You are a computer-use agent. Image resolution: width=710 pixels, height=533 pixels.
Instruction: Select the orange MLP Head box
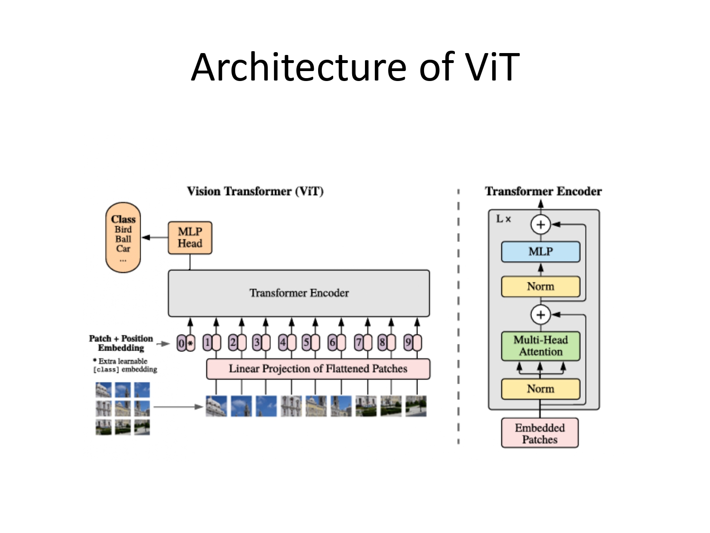tap(190, 238)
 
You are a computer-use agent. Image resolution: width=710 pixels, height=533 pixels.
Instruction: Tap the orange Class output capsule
tap(123, 238)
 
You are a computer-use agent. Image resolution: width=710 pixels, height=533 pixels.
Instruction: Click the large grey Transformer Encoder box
tap(299, 293)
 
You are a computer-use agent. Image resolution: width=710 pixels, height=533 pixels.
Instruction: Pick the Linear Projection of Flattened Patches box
tap(318, 369)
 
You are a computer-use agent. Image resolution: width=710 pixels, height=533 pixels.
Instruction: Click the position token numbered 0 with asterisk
tap(186, 343)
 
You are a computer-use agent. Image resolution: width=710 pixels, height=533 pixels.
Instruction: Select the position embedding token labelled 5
tap(311, 343)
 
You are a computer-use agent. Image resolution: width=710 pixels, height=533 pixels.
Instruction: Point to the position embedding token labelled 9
tap(412, 343)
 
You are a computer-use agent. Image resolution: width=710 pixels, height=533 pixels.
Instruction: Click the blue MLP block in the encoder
tap(541, 252)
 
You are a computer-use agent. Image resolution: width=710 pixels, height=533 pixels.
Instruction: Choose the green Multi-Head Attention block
tap(541, 346)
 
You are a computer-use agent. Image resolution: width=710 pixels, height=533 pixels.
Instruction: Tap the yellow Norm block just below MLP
tap(541, 287)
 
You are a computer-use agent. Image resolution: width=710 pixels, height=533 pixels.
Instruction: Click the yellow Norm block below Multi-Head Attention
tap(541, 389)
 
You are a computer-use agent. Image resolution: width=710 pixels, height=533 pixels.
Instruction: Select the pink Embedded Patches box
tap(540, 433)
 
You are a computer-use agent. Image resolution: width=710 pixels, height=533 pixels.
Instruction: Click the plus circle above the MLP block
tap(541, 225)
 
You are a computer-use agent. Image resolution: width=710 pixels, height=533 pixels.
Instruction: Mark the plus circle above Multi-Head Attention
tap(541, 315)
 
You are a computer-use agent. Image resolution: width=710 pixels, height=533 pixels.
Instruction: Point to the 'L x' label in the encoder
tap(503, 219)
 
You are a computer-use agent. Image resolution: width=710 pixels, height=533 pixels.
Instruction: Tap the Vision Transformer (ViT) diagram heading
tap(255, 191)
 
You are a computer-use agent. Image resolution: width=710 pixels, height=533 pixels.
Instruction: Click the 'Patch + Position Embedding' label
tap(121, 343)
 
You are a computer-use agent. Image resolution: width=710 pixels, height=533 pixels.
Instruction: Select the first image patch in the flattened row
tap(216, 407)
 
